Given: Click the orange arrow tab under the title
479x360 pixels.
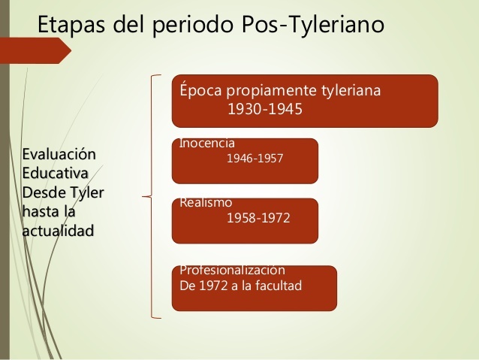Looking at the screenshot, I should coord(38,50).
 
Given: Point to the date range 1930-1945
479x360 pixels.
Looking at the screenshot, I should coord(264,110).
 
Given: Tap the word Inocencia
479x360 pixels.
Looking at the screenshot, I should coord(207,144).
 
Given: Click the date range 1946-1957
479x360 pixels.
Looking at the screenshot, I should coord(255,159).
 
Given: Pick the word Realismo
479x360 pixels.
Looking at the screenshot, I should coord(206,203).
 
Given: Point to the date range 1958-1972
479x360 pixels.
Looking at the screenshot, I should coord(258,219).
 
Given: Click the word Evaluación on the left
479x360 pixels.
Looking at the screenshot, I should coord(60,155).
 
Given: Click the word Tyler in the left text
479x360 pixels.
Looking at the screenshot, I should coord(86,192).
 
